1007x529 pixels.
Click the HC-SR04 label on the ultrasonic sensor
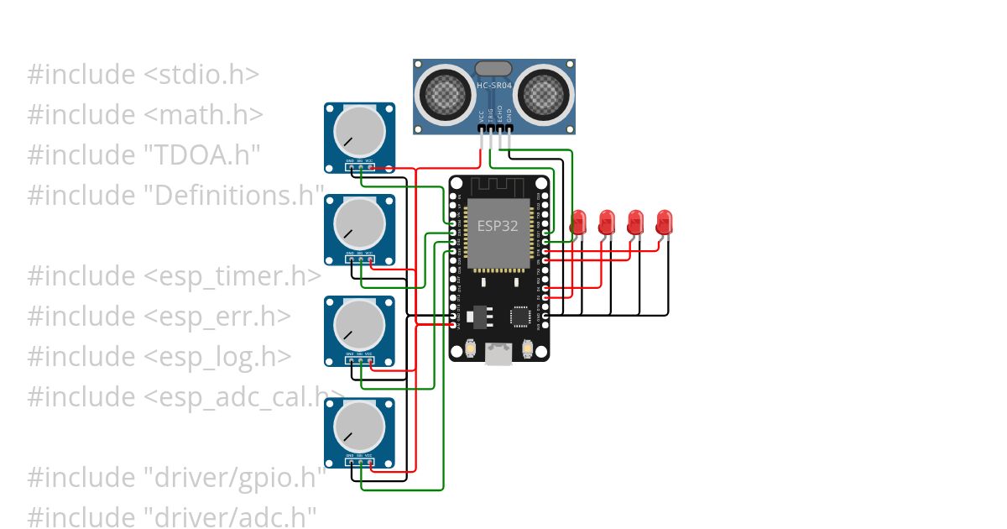(x=494, y=86)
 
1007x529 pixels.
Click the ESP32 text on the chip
(x=498, y=226)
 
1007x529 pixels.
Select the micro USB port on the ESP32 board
(x=499, y=355)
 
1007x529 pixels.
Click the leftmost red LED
(x=578, y=223)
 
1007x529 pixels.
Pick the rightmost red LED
(x=664, y=223)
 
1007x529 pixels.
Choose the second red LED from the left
(x=607, y=223)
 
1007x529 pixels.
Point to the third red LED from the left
(x=635, y=223)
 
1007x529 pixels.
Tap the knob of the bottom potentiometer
(x=359, y=427)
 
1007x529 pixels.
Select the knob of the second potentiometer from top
(x=359, y=223)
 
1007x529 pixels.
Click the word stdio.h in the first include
(x=201, y=75)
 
